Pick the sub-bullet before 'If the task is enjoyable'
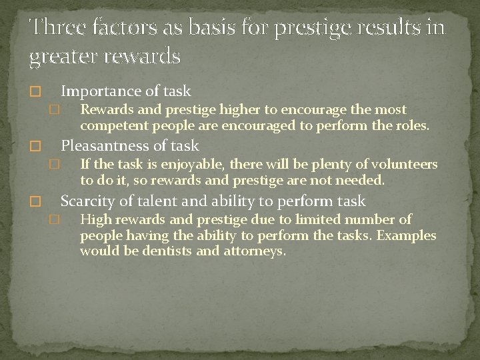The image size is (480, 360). point(55,165)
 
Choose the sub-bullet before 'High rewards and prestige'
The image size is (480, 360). point(55,220)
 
